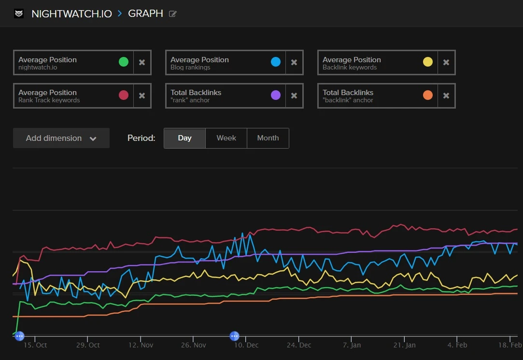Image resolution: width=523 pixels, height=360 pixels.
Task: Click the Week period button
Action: click(x=226, y=138)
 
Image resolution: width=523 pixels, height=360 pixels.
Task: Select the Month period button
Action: click(x=268, y=138)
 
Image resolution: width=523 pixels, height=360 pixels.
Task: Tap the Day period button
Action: click(x=184, y=138)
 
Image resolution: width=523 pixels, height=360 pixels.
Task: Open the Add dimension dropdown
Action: click(x=61, y=138)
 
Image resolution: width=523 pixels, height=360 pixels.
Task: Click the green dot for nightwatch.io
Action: click(x=124, y=62)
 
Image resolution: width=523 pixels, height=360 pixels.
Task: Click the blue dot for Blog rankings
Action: click(x=276, y=62)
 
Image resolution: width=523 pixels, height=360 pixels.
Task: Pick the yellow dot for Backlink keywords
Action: click(x=428, y=62)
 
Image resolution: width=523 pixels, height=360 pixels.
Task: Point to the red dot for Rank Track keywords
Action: click(x=124, y=95)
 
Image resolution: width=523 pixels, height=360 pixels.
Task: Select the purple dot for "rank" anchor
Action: click(x=276, y=95)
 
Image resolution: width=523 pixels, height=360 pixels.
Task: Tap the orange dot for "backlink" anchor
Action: click(x=428, y=95)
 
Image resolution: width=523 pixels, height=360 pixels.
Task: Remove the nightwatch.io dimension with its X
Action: click(x=142, y=63)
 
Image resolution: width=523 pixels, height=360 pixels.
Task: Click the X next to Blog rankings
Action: click(x=294, y=63)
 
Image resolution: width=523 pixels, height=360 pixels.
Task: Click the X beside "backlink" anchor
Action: click(x=446, y=96)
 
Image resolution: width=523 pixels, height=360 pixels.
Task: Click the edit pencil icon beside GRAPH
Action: click(x=173, y=14)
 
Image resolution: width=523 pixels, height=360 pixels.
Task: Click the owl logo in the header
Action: click(x=19, y=14)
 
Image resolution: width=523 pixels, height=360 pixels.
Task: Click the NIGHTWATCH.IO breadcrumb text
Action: click(x=71, y=14)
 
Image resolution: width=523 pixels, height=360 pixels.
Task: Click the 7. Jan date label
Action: click(x=352, y=345)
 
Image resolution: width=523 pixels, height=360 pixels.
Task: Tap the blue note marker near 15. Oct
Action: click(x=19, y=336)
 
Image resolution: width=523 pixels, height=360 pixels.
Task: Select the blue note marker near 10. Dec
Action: click(x=235, y=336)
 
